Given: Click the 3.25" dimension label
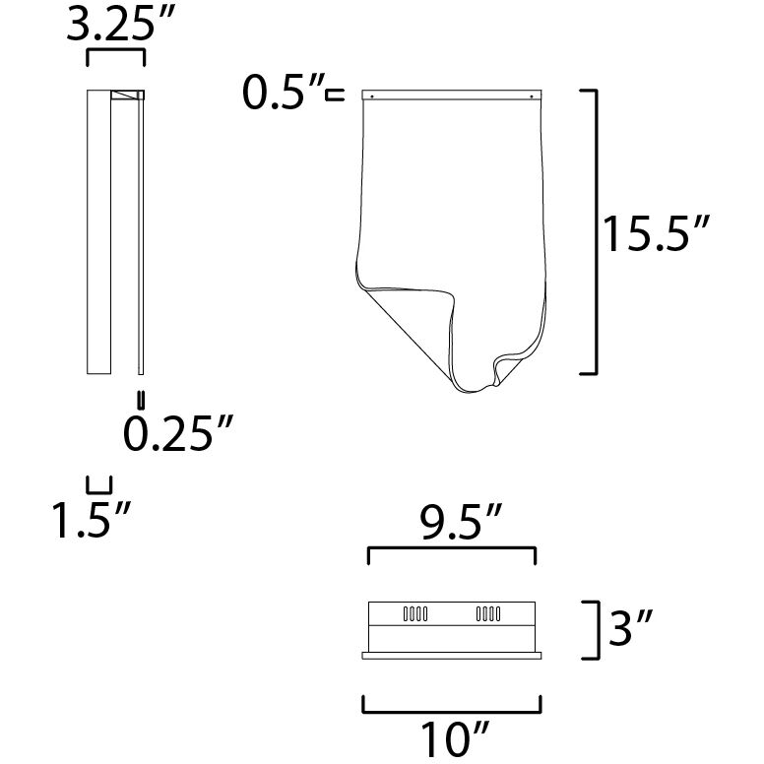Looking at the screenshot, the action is (119, 24).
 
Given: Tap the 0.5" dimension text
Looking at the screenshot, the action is (284, 92).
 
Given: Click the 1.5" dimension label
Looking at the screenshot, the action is (92, 520).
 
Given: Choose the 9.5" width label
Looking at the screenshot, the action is (461, 523).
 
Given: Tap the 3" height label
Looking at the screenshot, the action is (630, 627).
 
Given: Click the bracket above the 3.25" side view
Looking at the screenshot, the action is (115, 49).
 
